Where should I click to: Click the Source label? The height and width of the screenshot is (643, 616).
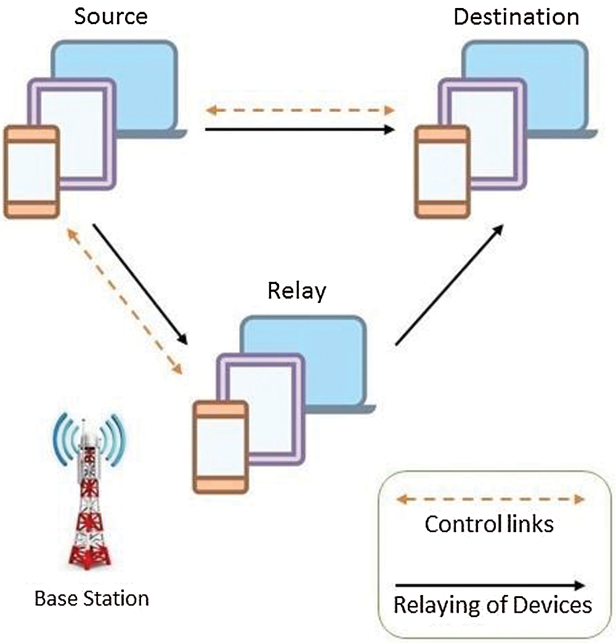pyautogui.click(x=111, y=17)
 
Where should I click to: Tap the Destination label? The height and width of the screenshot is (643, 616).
pyautogui.click(x=516, y=17)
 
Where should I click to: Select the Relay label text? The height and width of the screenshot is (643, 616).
pyautogui.click(x=296, y=291)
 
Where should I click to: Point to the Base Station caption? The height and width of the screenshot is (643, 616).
pyautogui.click(x=91, y=598)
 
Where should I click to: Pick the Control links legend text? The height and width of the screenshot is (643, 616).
pyautogui.click(x=489, y=524)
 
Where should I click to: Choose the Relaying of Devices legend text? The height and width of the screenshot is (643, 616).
pyautogui.click(x=493, y=605)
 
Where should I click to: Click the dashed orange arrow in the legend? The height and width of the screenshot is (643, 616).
pyautogui.click(x=490, y=499)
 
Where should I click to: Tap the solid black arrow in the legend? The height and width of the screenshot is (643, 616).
pyautogui.click(x=490, y=585)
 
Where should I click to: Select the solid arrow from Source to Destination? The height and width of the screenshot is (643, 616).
pyautogui.click(x=300, y=129)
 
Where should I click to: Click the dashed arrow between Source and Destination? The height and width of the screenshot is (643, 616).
pyautogui.click(x=300, y=110)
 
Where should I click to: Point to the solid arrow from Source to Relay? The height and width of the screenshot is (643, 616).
pyautogui.click(x=140, y=284)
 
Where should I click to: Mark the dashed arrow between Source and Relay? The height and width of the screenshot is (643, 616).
pyautogui.click(x=124, y=301)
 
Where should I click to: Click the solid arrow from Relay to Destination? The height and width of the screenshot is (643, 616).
pyautogui.click(x=450, y=285)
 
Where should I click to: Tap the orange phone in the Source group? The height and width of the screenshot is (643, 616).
pyautogui.click(x=31, y=172)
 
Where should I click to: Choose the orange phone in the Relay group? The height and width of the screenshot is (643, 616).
pyautogui.click(x=221, y=447)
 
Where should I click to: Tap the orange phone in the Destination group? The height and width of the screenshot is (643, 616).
pyautogui.click(x=442, y=172)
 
